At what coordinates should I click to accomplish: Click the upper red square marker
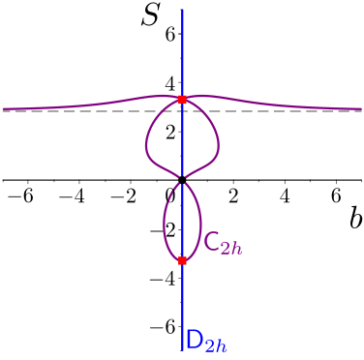point(182,100)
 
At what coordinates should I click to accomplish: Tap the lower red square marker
point(182,260)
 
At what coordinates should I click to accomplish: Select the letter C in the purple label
point(212,241)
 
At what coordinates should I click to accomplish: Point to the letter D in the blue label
point(194,340)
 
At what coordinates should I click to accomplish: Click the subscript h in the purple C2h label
point(236,248)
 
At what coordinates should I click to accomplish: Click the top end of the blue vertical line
point(182,10)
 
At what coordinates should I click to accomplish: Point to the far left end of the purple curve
point(3,108)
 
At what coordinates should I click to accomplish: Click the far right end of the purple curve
point(361,108)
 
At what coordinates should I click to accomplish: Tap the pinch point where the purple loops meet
point(182,179)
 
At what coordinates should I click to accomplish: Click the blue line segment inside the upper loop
point(182,140)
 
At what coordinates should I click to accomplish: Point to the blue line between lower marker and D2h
point(182,300)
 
